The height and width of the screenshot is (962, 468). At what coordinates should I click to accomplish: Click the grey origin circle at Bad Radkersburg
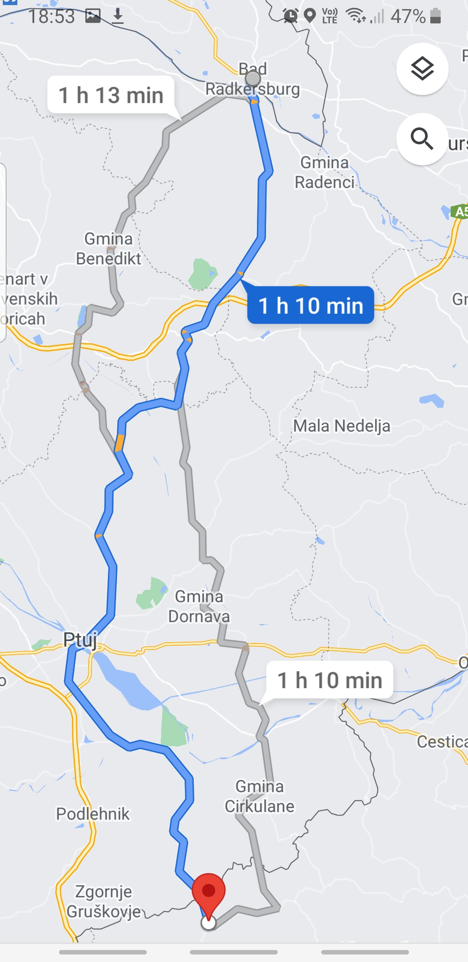tap(253, 78)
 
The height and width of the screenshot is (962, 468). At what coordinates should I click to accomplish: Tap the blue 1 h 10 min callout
tap(310, 305)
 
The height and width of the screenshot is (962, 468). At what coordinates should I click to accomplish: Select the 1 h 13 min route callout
tap(111, 95)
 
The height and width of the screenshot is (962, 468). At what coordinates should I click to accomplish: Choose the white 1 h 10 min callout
tap(330, 680)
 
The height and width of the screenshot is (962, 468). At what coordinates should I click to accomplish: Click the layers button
tap(422, 69)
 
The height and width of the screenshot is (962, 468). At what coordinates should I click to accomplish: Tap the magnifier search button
tap(422, 139)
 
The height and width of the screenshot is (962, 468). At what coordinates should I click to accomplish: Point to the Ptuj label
tap(80, 640)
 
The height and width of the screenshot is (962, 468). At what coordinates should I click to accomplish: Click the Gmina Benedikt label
tap(108, 249)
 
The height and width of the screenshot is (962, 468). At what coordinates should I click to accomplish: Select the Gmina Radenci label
tap(325, 172)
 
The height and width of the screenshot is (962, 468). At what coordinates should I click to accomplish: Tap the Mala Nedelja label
tap(341, 426)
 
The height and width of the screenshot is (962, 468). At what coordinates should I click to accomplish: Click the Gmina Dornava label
tap(199, 606)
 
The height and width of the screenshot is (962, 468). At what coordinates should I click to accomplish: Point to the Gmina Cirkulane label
tap(260, 796)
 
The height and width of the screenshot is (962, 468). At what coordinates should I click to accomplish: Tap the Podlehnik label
tap(93, 814)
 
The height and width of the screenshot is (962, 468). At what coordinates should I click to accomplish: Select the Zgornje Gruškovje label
tap(104, 901)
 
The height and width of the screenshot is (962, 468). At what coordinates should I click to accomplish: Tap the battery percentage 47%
tap(408, 16)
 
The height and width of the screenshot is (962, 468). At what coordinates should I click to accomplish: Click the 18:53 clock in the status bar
tap(51, 16)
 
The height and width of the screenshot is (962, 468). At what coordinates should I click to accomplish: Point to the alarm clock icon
tap(290, 16)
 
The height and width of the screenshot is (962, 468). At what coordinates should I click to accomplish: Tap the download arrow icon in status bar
tap(117, 16)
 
